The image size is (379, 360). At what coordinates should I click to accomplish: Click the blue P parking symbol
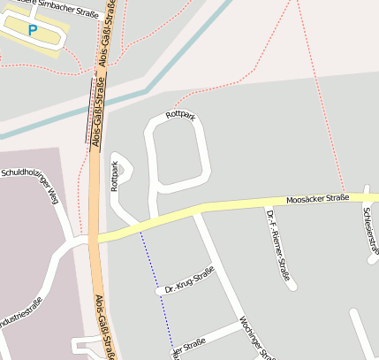pos(33,30)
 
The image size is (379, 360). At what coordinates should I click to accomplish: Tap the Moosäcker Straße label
pos(318,198)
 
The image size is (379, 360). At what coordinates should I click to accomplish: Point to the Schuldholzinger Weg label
pos(28,182)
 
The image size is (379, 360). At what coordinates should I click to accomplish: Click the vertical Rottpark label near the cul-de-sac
pos(114,175)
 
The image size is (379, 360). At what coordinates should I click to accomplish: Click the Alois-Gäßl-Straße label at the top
pos(106,35)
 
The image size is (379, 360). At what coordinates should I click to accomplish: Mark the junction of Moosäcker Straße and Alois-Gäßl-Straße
pos(95,238)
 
